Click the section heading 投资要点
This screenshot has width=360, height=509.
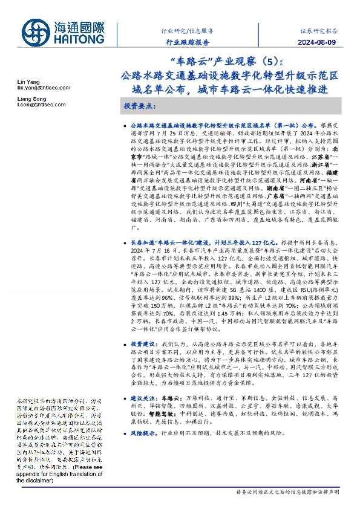(x=140, y=106)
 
